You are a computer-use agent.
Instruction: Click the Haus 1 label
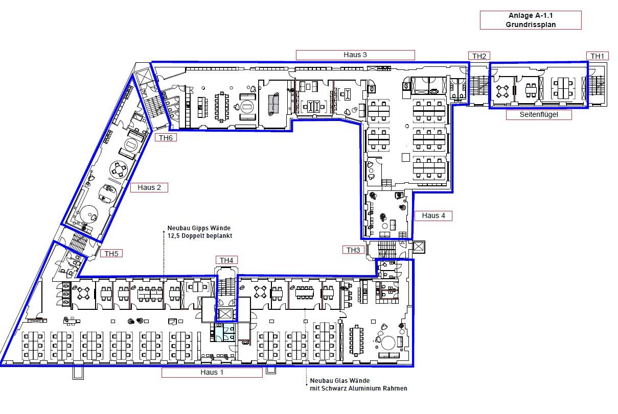212,373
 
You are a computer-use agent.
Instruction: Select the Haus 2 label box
149,187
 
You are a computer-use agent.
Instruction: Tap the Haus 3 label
355,55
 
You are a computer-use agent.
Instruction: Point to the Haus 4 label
433,215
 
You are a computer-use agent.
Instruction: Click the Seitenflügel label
539,114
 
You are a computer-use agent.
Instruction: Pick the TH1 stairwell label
598,56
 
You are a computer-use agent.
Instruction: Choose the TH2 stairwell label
479,56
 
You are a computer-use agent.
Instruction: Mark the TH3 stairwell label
353,250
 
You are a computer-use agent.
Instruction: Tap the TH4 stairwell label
226,260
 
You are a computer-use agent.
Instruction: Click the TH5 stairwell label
111,254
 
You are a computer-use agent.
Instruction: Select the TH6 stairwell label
166,138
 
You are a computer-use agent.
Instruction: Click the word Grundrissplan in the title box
531,25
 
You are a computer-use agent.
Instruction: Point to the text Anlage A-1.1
531,16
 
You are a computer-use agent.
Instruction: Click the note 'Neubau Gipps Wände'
199,228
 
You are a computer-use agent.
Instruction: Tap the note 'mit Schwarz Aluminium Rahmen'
358,388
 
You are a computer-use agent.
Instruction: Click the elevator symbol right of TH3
419,247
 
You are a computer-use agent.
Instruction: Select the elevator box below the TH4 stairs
226,314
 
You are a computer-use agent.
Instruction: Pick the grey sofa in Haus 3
273,104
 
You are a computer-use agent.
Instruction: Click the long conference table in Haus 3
221,107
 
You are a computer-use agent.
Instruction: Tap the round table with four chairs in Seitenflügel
502,91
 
